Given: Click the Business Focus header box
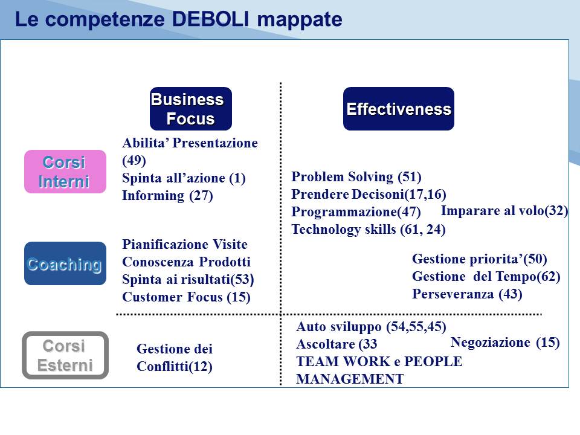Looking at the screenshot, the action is click(191, 109).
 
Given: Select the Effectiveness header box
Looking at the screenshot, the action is click(398, 109).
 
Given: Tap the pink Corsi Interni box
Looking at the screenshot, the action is click(65, 172).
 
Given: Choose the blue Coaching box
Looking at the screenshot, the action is click(65, 263).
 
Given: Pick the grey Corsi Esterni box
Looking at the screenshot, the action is click(65, 355).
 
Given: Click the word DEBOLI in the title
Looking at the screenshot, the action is click(211, 19).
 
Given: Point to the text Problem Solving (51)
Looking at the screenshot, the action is click(356, 177).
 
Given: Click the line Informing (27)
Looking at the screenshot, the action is click(167, 196).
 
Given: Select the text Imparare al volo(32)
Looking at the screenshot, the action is click(504, 211).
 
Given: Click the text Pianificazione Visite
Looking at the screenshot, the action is click(185, 244).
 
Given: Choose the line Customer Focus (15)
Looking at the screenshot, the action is click(187, 297).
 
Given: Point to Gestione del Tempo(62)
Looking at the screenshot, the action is click(486, 277).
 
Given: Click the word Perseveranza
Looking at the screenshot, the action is click(453, 294).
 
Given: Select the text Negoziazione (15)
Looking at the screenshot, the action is click(505, 343).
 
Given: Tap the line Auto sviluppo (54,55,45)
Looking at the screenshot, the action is click(371, 327).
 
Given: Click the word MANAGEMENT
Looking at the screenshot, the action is click(350, 379).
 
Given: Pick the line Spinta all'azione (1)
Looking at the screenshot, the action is click(184, 178).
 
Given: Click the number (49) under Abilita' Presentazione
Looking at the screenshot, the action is click(134, 161).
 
